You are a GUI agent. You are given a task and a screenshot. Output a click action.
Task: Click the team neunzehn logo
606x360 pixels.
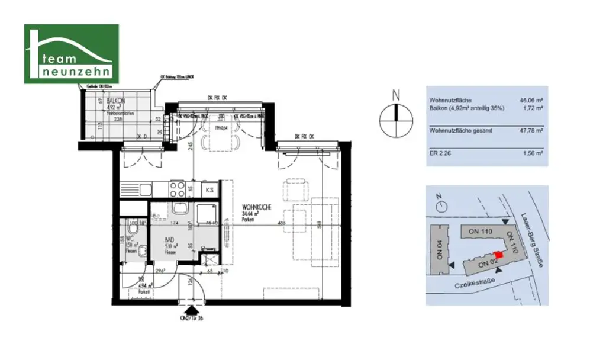coord(71,54)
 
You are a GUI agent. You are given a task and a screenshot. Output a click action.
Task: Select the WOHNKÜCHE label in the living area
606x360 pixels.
coord(256,208)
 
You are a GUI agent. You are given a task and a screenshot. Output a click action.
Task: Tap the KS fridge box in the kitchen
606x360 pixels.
coord(209,190)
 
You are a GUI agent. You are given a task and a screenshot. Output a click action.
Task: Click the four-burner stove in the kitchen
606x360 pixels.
coord(177,189)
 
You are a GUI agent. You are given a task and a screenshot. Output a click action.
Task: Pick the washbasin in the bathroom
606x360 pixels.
coord(179,208)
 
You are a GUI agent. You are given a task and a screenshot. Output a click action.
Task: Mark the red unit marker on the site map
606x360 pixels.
coord(498,255)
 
